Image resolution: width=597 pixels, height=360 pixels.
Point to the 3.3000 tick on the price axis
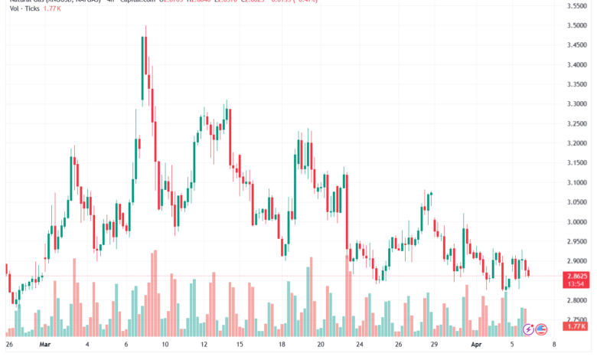pyautogui.click(x=577, y=103)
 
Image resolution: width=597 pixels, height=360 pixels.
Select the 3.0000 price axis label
pyautogui.click(x=577, y=222)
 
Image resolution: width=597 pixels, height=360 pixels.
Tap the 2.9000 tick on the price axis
pyautogui.click(x=577, y=261)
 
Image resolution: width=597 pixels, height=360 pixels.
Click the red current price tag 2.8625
pyautogui.click(x=577, y=275)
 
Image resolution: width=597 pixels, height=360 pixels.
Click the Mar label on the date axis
pyautogui.click(x=44, y=345)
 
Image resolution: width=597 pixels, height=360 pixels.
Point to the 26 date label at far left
pyautogui.click(x=9, y=345)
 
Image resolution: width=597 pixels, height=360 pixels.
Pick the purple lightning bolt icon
pyautogui.click(x=528, y=330)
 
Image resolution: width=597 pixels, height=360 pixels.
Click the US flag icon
pyautogui.click(x=541, y=330)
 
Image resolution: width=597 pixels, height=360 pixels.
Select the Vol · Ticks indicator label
pyautogui.click(x=18, y=10)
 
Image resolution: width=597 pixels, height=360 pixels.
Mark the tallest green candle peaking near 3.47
pyautogui.click(x=143, y=69)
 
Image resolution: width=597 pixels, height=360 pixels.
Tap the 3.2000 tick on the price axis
pyautogui.click(x=577, y=143)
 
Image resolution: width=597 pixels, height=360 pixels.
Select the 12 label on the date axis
pyautogui.click(x=203, y=345)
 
